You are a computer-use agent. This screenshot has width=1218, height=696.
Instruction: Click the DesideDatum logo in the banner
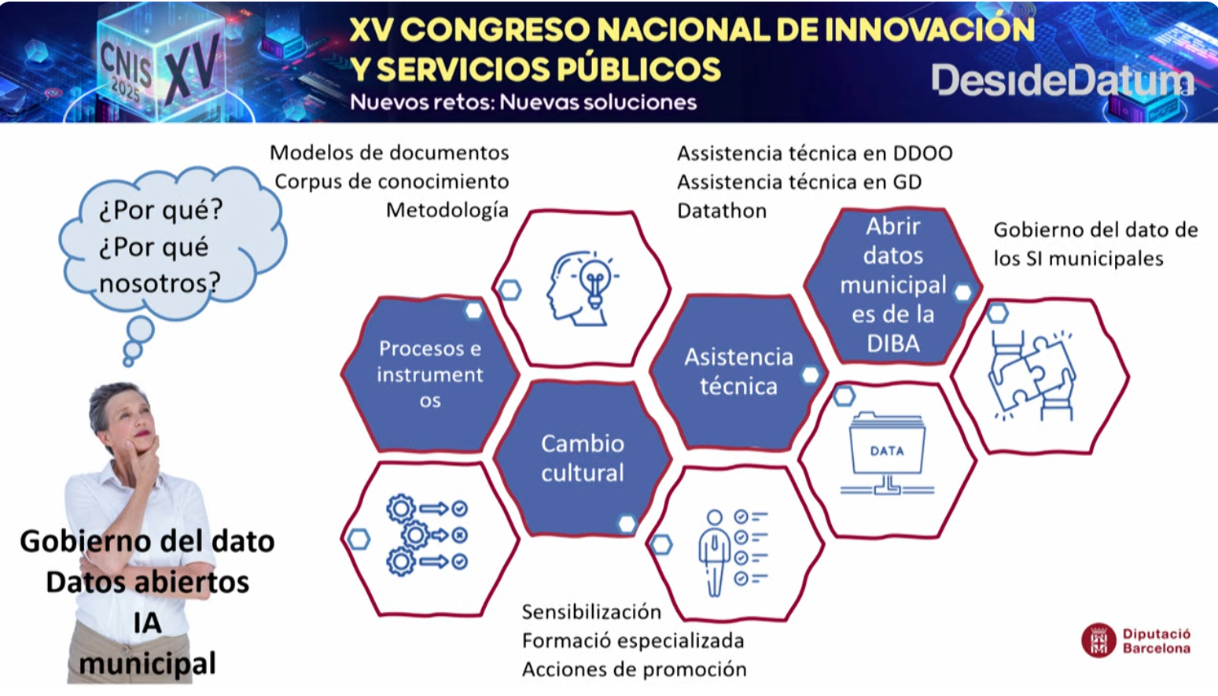point(1063,81)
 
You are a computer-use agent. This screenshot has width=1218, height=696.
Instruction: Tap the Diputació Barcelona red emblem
point(1098,640)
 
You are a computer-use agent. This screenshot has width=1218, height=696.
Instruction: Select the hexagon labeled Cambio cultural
point(583,458)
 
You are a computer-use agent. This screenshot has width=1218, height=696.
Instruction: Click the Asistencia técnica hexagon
point(738,373)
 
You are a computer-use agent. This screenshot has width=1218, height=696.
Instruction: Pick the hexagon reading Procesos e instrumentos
point(430,374)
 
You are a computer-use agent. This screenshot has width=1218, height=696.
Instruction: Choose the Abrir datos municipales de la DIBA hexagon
point(892,285)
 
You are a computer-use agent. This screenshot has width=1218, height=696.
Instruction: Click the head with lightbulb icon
point(582,288)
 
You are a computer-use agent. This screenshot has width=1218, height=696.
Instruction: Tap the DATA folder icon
point(887,454)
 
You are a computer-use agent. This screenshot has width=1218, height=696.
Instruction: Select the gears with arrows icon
point(428,535)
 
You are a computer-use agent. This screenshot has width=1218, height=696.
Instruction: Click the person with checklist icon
point(732,553)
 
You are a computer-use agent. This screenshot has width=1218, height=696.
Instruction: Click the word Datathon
point(722,211)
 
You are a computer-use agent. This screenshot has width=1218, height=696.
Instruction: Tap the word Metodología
point(447,211)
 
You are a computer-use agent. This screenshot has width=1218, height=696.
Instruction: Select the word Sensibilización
point(591,613)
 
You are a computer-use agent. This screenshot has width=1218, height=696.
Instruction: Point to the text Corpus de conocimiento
point(392,182)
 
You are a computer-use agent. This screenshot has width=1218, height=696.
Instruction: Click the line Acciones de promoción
point(635,669)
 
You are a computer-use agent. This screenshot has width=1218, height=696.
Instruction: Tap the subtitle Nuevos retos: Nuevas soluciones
point(523,102)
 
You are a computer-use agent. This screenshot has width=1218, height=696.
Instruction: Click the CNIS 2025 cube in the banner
point(160,63)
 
